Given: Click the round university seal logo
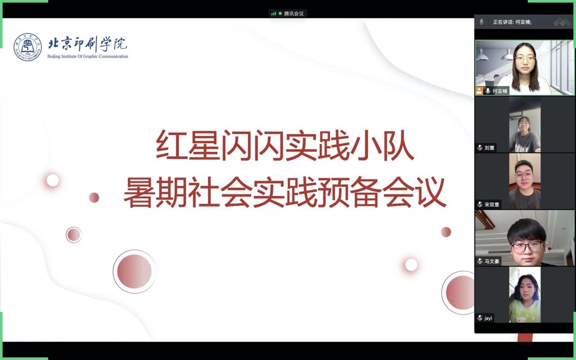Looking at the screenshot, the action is [x=27, y=47].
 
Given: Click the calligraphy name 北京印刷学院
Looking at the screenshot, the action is [x=87, y=44].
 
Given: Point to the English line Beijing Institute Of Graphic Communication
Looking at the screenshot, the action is [x=87, y=57].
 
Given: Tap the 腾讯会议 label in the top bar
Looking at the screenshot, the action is [x=294, y=14].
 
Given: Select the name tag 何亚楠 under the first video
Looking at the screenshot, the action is [x=500, y=91].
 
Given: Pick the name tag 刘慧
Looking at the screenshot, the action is [x=489, y=148].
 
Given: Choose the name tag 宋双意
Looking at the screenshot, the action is [x=492, y=204].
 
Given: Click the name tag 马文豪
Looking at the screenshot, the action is [x=492, y=262].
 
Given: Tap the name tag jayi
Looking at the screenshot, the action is [x=488, y=318].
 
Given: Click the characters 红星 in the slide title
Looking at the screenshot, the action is [x=188, y=145].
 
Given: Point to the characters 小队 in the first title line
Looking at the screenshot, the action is [x=382, y=145].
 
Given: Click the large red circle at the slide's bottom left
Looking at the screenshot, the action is [x=134, y=272].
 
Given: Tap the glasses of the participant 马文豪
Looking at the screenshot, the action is [x=527, y=247].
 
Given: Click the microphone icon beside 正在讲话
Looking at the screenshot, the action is [x=481, y=22].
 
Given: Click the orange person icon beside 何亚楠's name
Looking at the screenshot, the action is [x=479, y=91].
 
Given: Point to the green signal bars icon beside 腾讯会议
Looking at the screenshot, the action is [x=274, y=14].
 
